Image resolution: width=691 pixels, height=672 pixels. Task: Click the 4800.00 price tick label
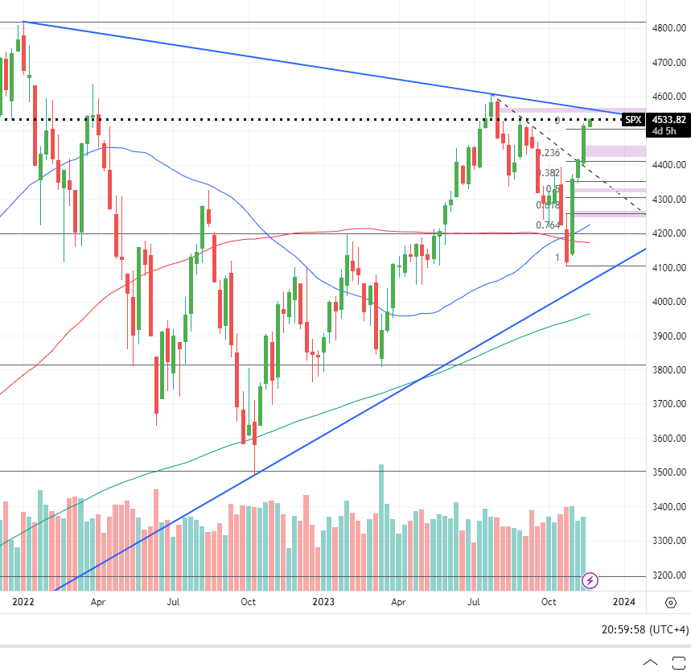tap(669, 27)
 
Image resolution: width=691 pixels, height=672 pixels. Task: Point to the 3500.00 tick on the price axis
tap(669, 472)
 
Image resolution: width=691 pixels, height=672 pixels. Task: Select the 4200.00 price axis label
tap(669, 233)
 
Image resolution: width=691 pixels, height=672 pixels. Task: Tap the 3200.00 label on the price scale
tap(669, 575)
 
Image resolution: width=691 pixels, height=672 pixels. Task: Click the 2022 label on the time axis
tap(23, 601)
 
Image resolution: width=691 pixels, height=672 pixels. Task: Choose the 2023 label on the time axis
tap(323, 601)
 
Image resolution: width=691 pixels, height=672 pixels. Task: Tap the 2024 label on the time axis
tap(623, 601)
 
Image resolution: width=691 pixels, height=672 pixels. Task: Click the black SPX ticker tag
tap(634, 120)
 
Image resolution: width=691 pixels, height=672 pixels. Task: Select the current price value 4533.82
tap(668, 120)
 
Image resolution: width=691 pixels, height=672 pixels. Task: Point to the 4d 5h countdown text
tap(664, 131)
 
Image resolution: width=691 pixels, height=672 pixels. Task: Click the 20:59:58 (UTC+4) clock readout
tap(644, 629)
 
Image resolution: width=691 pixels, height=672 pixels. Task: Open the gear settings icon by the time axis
tap(671, 602)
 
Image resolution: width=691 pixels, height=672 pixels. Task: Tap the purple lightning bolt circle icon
tap(590, 579)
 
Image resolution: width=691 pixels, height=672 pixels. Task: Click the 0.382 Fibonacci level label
tap(548, 173)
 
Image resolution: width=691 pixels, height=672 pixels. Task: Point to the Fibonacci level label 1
tap(557, 258)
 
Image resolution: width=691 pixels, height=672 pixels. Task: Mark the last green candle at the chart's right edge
tap(590, 122)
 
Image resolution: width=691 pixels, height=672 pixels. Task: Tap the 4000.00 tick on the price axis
tap(669, 302)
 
